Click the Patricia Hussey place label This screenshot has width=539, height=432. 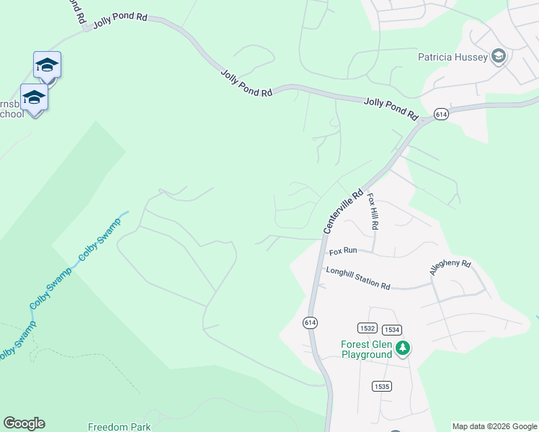coord(453,56)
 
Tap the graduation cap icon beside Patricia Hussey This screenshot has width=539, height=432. coord(498,57)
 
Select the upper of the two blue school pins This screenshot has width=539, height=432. coord(47,66)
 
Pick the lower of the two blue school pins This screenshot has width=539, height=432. coord(34,97)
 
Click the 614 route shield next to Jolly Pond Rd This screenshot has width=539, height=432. coord(441,114)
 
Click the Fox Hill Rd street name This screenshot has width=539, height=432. coord(373,211)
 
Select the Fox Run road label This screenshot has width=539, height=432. coord(343,251)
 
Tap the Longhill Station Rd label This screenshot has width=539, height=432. coord(357,278)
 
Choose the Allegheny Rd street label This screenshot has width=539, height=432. coord(450,268)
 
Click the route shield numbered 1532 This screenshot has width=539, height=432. coord(367,328)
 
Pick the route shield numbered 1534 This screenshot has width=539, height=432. coord(392,329)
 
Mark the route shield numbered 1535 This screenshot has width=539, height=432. coord(382,387)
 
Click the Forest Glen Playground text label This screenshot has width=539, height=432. coord(367,349)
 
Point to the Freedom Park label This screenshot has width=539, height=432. coord(119,427)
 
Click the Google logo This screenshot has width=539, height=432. coord(24,423)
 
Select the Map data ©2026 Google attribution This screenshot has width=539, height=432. coord(494,426)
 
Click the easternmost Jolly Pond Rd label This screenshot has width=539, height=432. coord(391,108)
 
